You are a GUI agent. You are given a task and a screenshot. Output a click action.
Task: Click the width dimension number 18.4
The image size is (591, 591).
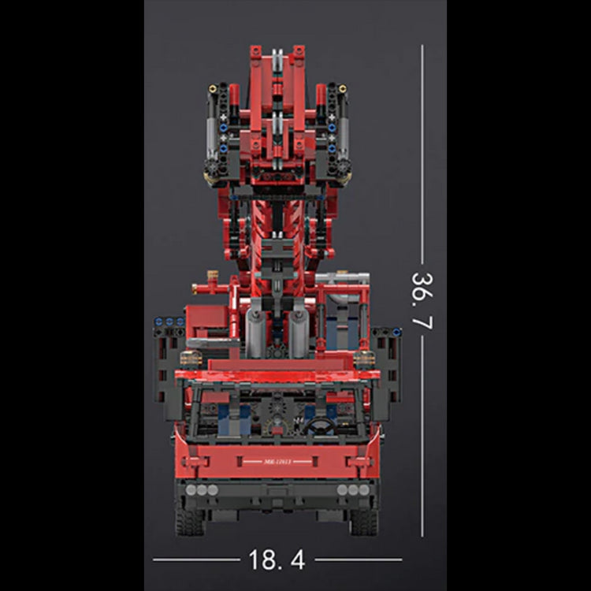click(x=277, y=560)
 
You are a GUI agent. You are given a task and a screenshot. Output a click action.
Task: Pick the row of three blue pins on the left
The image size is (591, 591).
click(x=169, y=322)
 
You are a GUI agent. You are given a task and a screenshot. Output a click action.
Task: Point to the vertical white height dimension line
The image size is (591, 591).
click(x=422, y=158)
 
